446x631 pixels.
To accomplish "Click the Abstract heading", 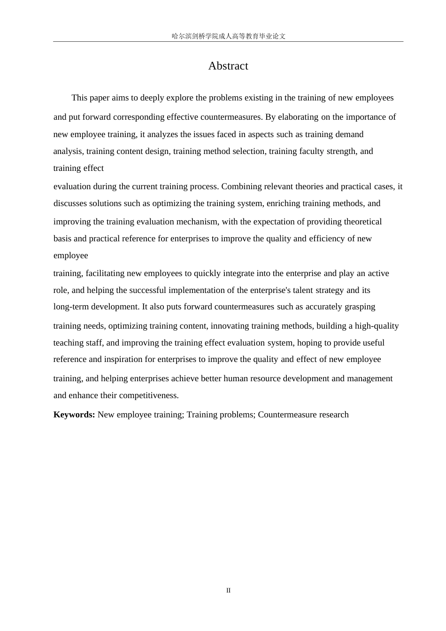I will coord(228,66).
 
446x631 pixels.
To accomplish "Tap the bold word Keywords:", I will coord(74,415).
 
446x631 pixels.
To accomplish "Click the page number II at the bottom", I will coord(229,591).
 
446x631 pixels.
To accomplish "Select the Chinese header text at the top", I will coord(229,36).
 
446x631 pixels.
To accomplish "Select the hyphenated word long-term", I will coord(70,307).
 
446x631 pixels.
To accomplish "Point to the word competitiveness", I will coord(149,395).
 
